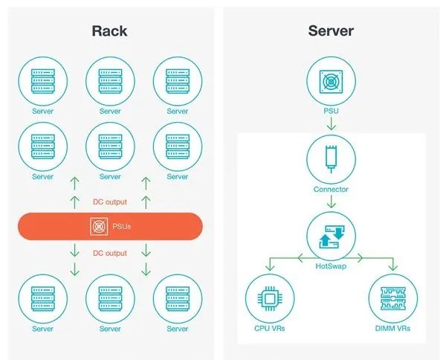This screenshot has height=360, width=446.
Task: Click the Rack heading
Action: pyautogui.click(x=109, y=31)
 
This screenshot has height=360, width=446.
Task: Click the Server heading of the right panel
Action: pyautogui.click(x=331, y=30)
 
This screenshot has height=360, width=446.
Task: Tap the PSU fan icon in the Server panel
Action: pyautogui.click(x=331, y=82)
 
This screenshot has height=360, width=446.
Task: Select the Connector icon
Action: pyautogui.click(x=331, y=158)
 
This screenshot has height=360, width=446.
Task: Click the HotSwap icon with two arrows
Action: pyautogui.click(x=331, y=237)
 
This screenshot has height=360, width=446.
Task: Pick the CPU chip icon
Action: pyautogui.click(x=270, y=299)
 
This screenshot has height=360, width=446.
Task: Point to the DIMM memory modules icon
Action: pyautogui.click(x=393, y=298)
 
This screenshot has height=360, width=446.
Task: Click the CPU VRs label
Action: pyautogui.click(x=269, y=329)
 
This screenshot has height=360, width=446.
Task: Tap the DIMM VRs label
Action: pyautogui.click(x=392, y=329)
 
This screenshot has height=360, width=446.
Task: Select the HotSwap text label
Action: pyautogui.click(x=331, y=266)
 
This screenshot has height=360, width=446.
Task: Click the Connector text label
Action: pyautogui.click(x=331, y=189)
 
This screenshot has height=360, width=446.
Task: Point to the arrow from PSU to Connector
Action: pyautogui.click(x=331, y=123)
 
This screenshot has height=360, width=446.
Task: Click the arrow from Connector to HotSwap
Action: pyautogui.click(x=331, y=202)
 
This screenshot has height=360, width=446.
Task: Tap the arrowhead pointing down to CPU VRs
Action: pyautogui.click(x=270, y=267)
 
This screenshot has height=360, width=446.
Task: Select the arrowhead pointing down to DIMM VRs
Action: pyautogui.click(x=393, y=267)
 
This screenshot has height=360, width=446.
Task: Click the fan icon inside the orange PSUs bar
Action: pyautogui.click(x=99, y=227)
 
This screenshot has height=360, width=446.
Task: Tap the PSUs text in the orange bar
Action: pyautogui.click(x=121, y=227)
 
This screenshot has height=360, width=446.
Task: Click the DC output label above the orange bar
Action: pyautogui.click(x=110, y=202)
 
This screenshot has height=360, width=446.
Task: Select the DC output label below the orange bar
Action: pyautogui.click(x=110, y=253)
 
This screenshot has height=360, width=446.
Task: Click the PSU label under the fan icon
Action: pyautogui.click(x=331, y=111)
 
